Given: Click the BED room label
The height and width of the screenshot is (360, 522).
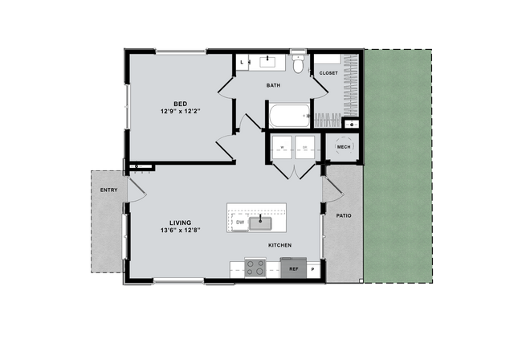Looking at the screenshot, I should [181, 104].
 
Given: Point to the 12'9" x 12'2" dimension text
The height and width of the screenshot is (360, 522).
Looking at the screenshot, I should [181, 112].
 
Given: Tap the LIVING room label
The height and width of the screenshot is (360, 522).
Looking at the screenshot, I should [179, 223].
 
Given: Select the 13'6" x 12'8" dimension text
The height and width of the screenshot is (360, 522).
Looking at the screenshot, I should [179, 231].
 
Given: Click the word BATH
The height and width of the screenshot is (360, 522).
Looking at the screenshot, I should [273, 85].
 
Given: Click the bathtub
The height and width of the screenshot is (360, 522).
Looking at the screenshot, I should [290, 117].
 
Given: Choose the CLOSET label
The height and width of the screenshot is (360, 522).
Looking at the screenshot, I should [328, 73].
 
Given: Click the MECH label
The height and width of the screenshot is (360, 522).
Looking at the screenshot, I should [344, 147].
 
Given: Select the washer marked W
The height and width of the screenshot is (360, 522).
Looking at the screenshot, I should [282, 148].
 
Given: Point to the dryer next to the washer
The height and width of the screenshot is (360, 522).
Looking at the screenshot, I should [305, 148].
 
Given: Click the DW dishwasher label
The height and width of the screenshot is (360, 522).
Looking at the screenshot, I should [239, 223].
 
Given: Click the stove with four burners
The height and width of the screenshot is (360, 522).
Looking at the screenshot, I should [255, 268].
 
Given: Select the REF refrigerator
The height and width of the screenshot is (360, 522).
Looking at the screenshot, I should [294, 270].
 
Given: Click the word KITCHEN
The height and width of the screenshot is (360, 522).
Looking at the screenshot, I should [279, 245].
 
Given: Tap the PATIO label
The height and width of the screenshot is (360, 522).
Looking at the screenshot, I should [345, 215].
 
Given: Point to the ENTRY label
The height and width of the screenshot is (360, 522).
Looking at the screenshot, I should [108, 190].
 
